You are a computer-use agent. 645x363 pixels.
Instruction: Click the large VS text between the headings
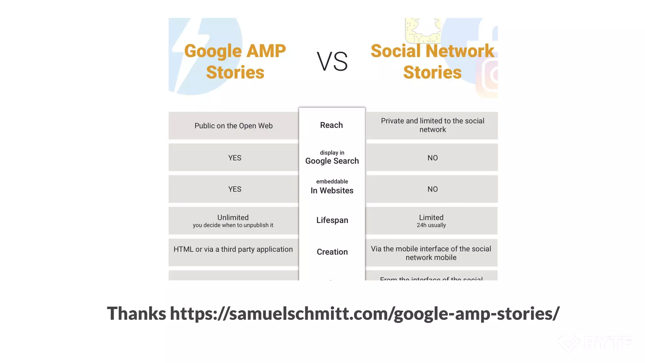click(x=332, y=61)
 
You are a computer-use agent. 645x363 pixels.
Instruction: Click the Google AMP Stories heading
click(x=235, y=61)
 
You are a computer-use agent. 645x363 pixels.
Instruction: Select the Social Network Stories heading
click(x=432, y=61)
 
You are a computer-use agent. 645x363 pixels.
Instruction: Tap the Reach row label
click(x=331, y=125)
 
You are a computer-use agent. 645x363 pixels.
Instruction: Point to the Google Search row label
click(x=332, y=161)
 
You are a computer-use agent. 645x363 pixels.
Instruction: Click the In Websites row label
click(x=332, y=190)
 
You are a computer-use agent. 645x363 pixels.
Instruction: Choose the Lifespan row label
click(x=332, y=220)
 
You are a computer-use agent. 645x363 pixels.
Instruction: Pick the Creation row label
click(x=332, y=252)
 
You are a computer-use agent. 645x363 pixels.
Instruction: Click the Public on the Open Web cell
click(x=233, y=126)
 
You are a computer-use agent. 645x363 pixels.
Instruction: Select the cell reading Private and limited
click(x=432, y=125)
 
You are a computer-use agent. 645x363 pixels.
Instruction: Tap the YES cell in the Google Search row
click(x=235, y=158)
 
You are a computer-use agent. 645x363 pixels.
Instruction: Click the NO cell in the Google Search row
click(x=432, y=158)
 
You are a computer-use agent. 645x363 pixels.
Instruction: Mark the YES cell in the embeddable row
click(x=235, y=189)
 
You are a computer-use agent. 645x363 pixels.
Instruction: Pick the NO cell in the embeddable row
click(x=432, y=189)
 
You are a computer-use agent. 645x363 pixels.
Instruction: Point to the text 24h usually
click(x=431, y=225)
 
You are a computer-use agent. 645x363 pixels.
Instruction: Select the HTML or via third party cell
click(x=233, y=249)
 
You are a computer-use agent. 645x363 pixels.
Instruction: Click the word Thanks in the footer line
click(x=136, y=313)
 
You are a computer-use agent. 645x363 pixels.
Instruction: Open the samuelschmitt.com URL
click(x=365, y=313)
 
